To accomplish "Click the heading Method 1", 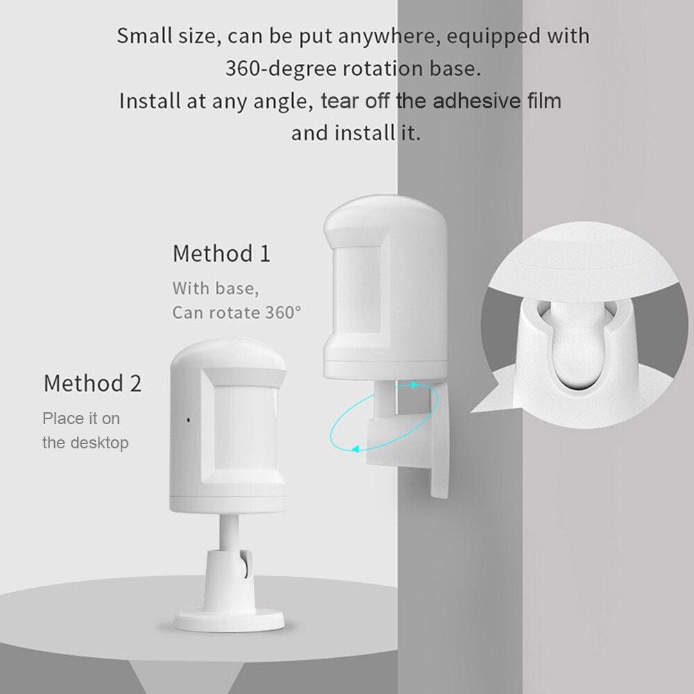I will tap(221, 253).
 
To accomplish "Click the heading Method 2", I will tap(92, 383).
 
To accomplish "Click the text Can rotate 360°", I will tap(237, 312).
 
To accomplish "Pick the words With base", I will tap(210, 287).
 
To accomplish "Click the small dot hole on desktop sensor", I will tap(188, 420).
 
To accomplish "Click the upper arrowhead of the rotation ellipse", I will tap(416, 384).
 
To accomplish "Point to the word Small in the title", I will tap(142, 36).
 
